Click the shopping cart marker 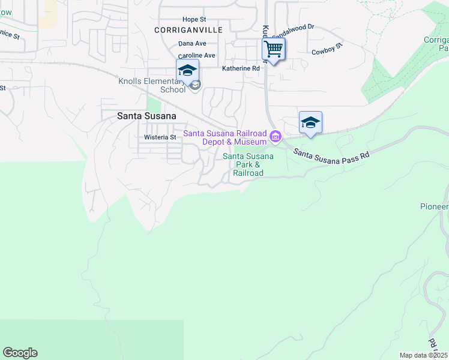(273, 49)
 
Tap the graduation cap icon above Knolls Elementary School (187, 70)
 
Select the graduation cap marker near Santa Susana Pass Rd (310, 122)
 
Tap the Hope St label (194, 20)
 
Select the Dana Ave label (192, 44)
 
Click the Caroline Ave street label (196, 55)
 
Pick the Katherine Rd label (241, 68)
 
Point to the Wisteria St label (160, 137)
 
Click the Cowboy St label (327, 49)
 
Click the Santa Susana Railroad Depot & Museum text (224, 137)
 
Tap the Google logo (20, 353)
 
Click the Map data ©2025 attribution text (423, 355)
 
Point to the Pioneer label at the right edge (434, 206)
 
